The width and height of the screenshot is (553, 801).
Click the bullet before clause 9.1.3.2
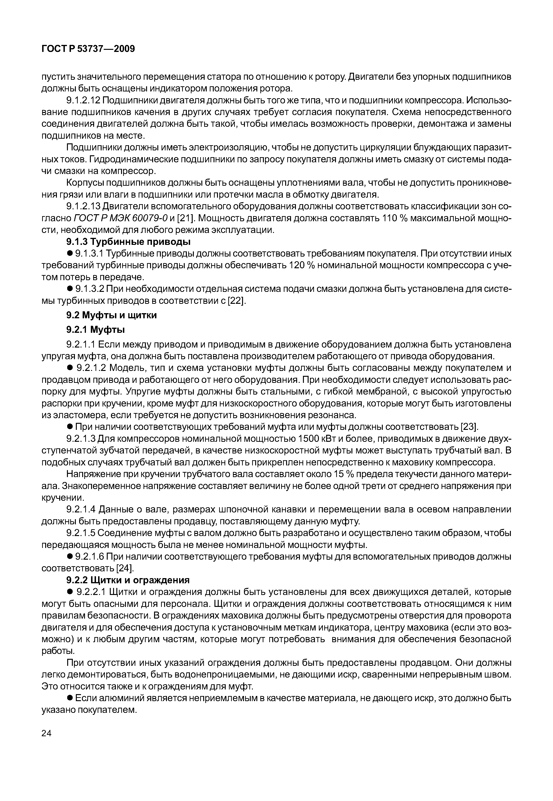(x=69, y=289)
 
